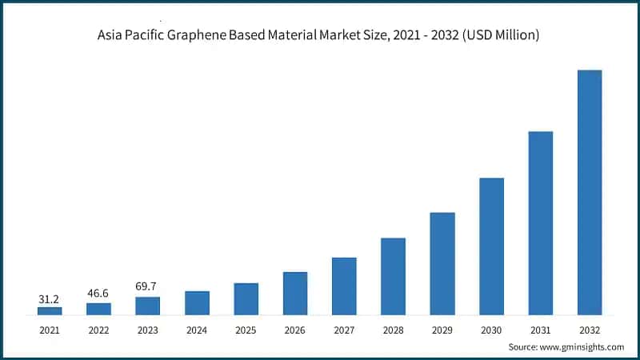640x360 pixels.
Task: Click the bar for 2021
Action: pyautogui.click(x=50, y=310)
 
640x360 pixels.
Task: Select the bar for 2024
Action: pyautogui.click(x=197, y=302)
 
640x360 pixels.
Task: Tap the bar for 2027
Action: pyautogui.click(x=344, y=286)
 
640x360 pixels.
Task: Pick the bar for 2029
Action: pyautogui.click(x=442, y=263)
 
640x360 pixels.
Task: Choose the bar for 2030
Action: pyautogui.click(x=491, y=246)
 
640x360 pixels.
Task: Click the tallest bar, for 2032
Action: pyautogui.click(x=590, y=192)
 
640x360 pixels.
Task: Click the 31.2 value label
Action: pyautogui.click(x=50, y=299)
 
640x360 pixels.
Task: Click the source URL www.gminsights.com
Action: pyautogui.click(x=581, y=346)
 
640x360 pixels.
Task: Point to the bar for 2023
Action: pyautogui.click(x=148, y=306)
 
